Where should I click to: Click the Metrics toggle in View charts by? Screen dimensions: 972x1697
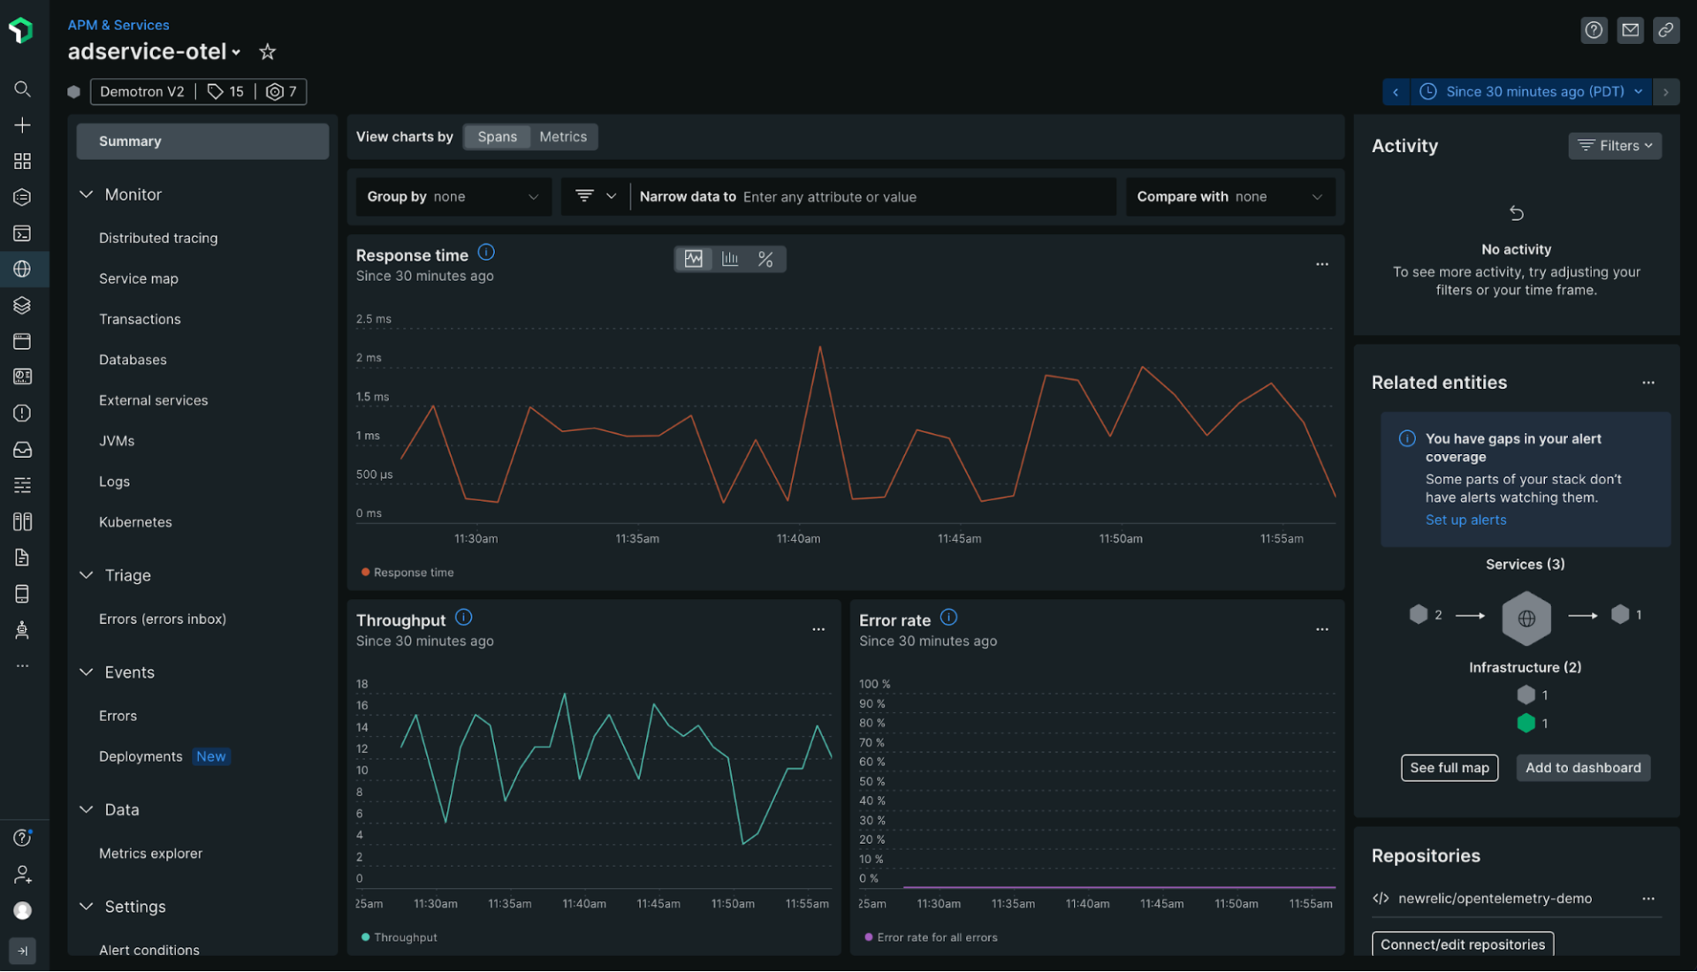coord(563,137)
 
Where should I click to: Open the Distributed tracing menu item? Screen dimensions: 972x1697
coord(158,238)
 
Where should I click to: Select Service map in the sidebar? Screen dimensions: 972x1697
coord(139,278)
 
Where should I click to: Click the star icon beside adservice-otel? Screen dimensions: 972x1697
coord(267,52)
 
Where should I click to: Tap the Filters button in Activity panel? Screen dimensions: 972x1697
coord(1615,146)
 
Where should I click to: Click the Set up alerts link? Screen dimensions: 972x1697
coord(1465,520)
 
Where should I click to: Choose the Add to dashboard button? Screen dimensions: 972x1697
coord(1583,768)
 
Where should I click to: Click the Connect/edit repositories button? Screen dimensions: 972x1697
coord(1463,945)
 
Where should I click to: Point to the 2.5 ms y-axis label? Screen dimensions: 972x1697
coord(373,319)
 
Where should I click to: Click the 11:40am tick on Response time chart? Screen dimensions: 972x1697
coord(798,538)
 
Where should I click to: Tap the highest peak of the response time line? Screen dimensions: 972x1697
coord(820,347)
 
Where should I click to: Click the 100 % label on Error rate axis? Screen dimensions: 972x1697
coord(874,684)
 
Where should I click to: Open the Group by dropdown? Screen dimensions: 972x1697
coord(453,197)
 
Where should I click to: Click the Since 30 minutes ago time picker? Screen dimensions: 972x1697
coord(1534,92)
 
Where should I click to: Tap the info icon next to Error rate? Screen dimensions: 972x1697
coord(948,618)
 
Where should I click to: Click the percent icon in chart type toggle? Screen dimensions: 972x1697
coord(765,259)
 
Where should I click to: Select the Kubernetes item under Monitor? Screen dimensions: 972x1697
coord(135,522)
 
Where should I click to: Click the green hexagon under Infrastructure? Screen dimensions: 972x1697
coord(1526,723)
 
